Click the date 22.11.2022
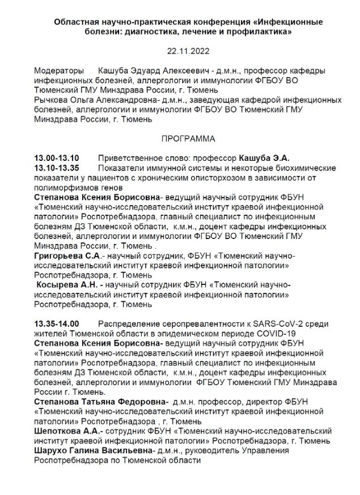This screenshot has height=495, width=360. (180, 51)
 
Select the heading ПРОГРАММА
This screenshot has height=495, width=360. (180, 138)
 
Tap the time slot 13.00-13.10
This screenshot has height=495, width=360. (57, 158)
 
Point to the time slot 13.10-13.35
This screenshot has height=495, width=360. (57, 168)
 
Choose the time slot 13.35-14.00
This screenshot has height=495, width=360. (57, 325)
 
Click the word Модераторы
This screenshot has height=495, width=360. (58, 71)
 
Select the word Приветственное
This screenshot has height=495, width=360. (128, 158)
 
